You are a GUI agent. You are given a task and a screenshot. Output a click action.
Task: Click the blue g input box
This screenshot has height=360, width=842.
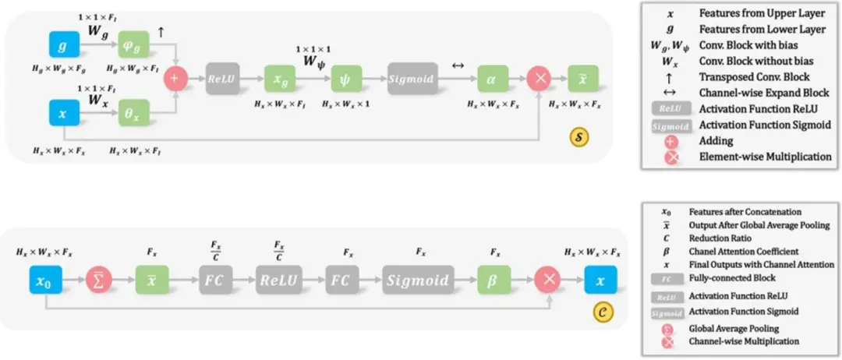point(63,48)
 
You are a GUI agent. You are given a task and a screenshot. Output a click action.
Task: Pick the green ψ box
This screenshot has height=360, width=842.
point(346,79)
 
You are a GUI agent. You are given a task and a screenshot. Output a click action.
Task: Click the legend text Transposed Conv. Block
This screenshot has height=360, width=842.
point(755,77)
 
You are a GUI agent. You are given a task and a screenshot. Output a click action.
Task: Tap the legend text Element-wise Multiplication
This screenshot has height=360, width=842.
point(765,157)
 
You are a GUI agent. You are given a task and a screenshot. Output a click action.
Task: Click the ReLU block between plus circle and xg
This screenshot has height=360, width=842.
point(222,79)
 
